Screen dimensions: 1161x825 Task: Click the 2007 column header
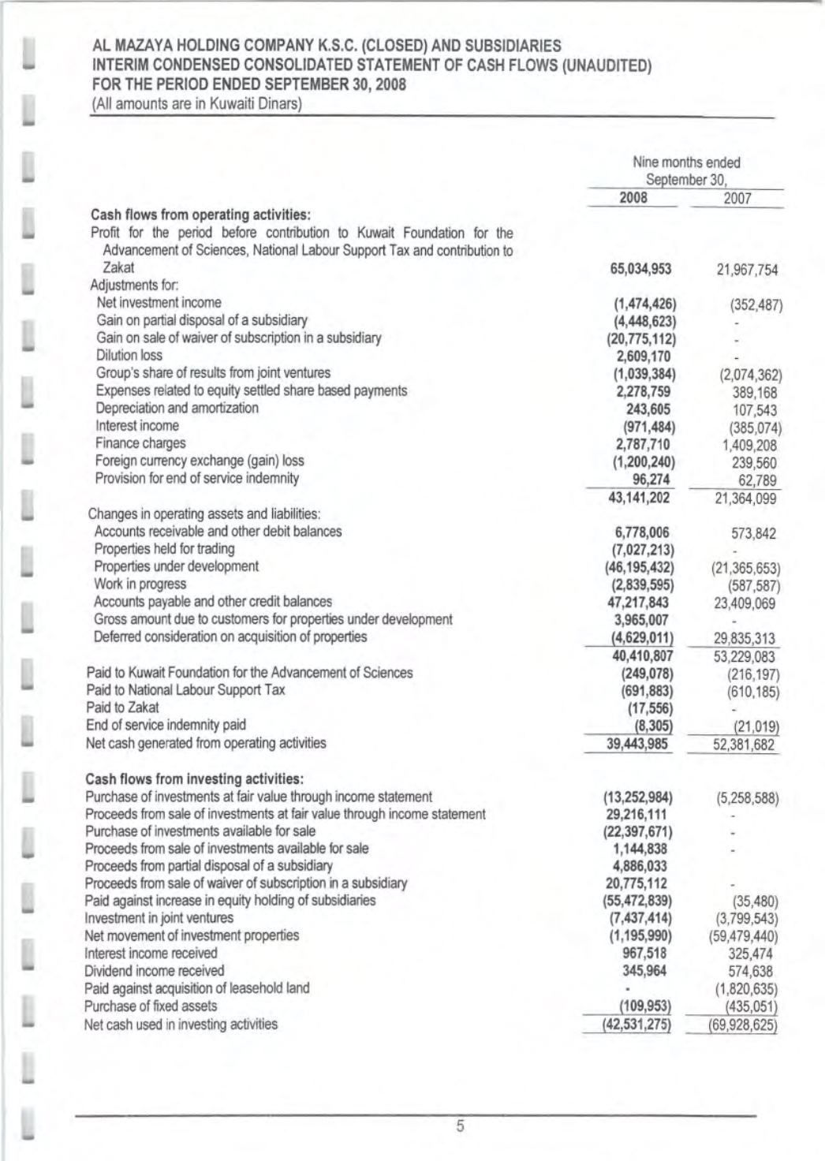(x=737, y=199)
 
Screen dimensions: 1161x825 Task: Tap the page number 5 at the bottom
(x=461, y=1126)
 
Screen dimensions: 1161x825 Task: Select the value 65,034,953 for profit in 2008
(x=641, y=269)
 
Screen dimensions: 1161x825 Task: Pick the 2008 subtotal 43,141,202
(x=640, y=498)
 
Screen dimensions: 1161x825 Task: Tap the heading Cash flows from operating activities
(x=201, y=215)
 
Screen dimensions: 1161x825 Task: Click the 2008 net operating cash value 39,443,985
(x=640, y=744)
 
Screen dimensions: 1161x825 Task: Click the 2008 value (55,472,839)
(x=638, y=901)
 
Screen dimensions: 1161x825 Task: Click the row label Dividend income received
(x=155, y=971)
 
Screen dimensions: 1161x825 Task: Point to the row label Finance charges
(x=140, y=443)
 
